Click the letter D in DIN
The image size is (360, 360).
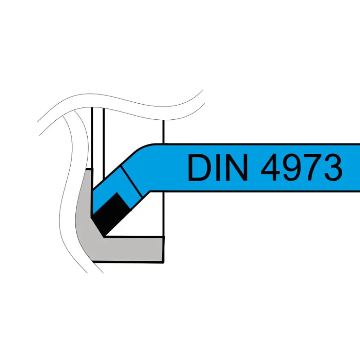(x=199, y=167)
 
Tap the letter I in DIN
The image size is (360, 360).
(x=218, y=167)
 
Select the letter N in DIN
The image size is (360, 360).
(x=237, y=167)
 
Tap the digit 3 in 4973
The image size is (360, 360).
(x=333, y=167)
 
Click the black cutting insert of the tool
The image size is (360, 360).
(x=110, y=213)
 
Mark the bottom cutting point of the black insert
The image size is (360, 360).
(x=105, y=236)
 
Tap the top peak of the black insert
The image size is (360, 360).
(x=118, y=193)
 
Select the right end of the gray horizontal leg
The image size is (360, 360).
(x=163, y=249)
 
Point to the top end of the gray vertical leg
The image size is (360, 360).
(x=89, y=169)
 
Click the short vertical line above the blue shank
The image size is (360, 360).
(x=163, y=131)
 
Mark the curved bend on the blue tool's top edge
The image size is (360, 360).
(x=143, y=148)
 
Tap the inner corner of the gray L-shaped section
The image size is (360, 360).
(x=104, y=236)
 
